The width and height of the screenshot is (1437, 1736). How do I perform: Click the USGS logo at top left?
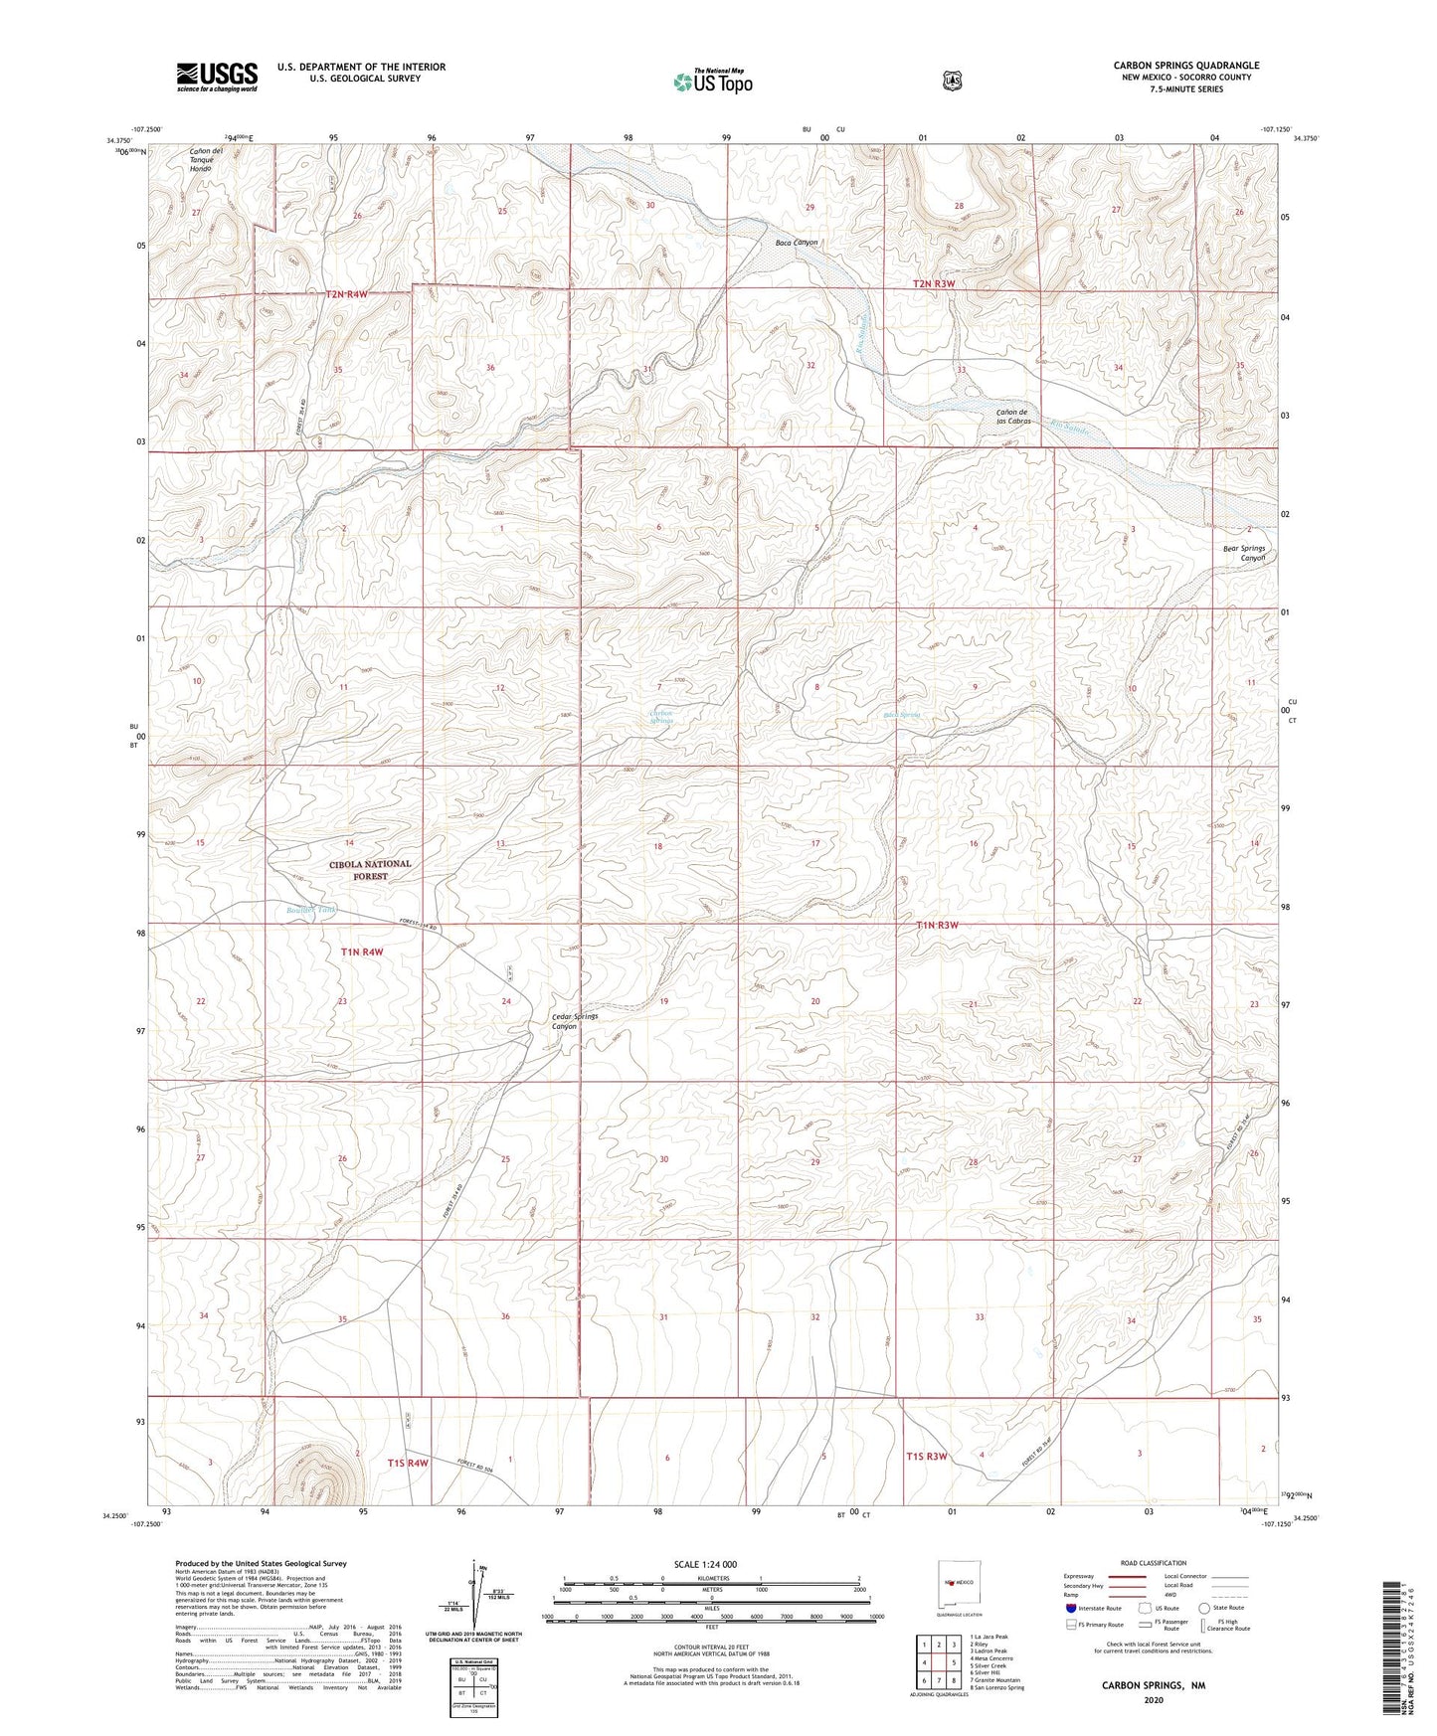pos(217,77)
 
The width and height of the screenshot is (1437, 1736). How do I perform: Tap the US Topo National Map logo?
pos(712,82)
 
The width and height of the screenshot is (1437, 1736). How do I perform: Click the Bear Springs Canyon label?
pos(1244,553)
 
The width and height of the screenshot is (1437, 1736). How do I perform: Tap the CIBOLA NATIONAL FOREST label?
pos(370,870)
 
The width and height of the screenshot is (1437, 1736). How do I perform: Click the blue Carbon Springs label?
pos(661,716)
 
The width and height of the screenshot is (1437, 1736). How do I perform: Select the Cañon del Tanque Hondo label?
pos(207,159)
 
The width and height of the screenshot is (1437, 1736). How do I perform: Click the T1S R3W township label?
pos(926,1457)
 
